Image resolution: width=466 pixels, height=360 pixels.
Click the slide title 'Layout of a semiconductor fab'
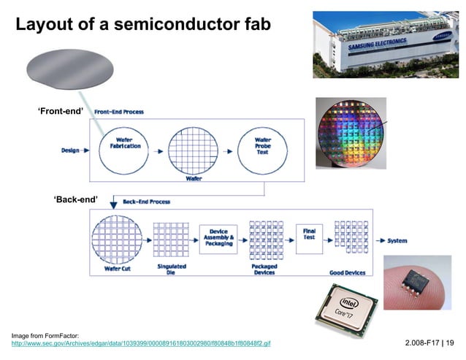[x=143, y=25]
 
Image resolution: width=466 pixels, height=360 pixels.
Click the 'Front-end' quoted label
[x=61, y=110]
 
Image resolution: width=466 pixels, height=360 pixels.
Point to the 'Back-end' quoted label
[x=76, y=199]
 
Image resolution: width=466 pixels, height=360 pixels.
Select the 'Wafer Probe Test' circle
[x=263, y=147]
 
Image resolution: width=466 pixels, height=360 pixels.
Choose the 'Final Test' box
[x=310, y=234]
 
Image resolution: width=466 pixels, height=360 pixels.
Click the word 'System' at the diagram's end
[x=397, y=240]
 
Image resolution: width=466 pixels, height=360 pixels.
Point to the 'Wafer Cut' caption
[x=118, y=269]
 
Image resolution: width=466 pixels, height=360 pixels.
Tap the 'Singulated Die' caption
[x=172, y=269]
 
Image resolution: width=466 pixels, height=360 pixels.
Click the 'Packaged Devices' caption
[x=264, y=270]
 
